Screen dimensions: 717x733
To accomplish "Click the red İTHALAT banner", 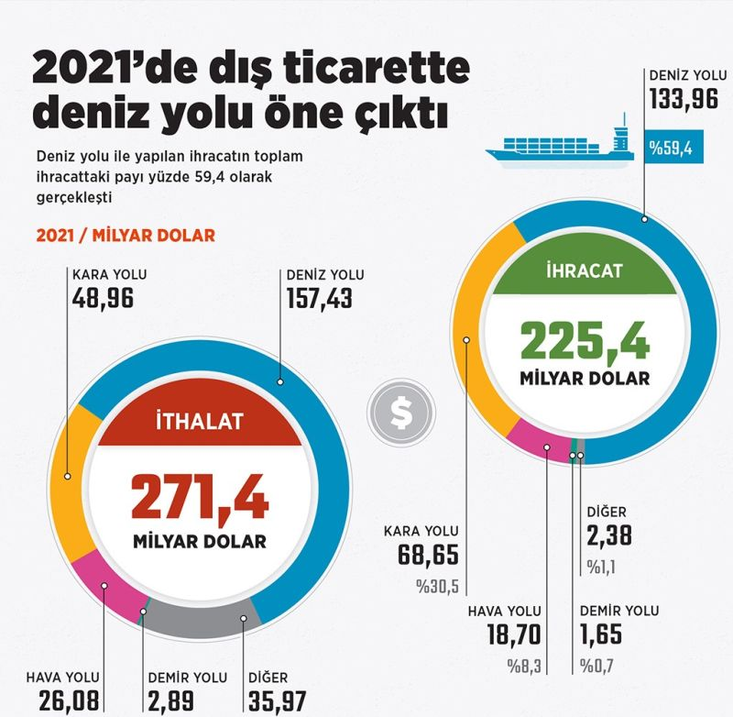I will [x=199, y=423].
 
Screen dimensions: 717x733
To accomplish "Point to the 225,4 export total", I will [x=585, y=340].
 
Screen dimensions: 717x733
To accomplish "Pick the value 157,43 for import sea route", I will [x=320, y=298].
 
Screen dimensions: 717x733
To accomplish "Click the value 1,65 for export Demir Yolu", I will [x=604, y=634].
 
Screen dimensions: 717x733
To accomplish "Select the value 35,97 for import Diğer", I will [x=279, y=702].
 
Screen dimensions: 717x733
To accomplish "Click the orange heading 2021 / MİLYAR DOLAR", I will [x=126, y=236].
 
